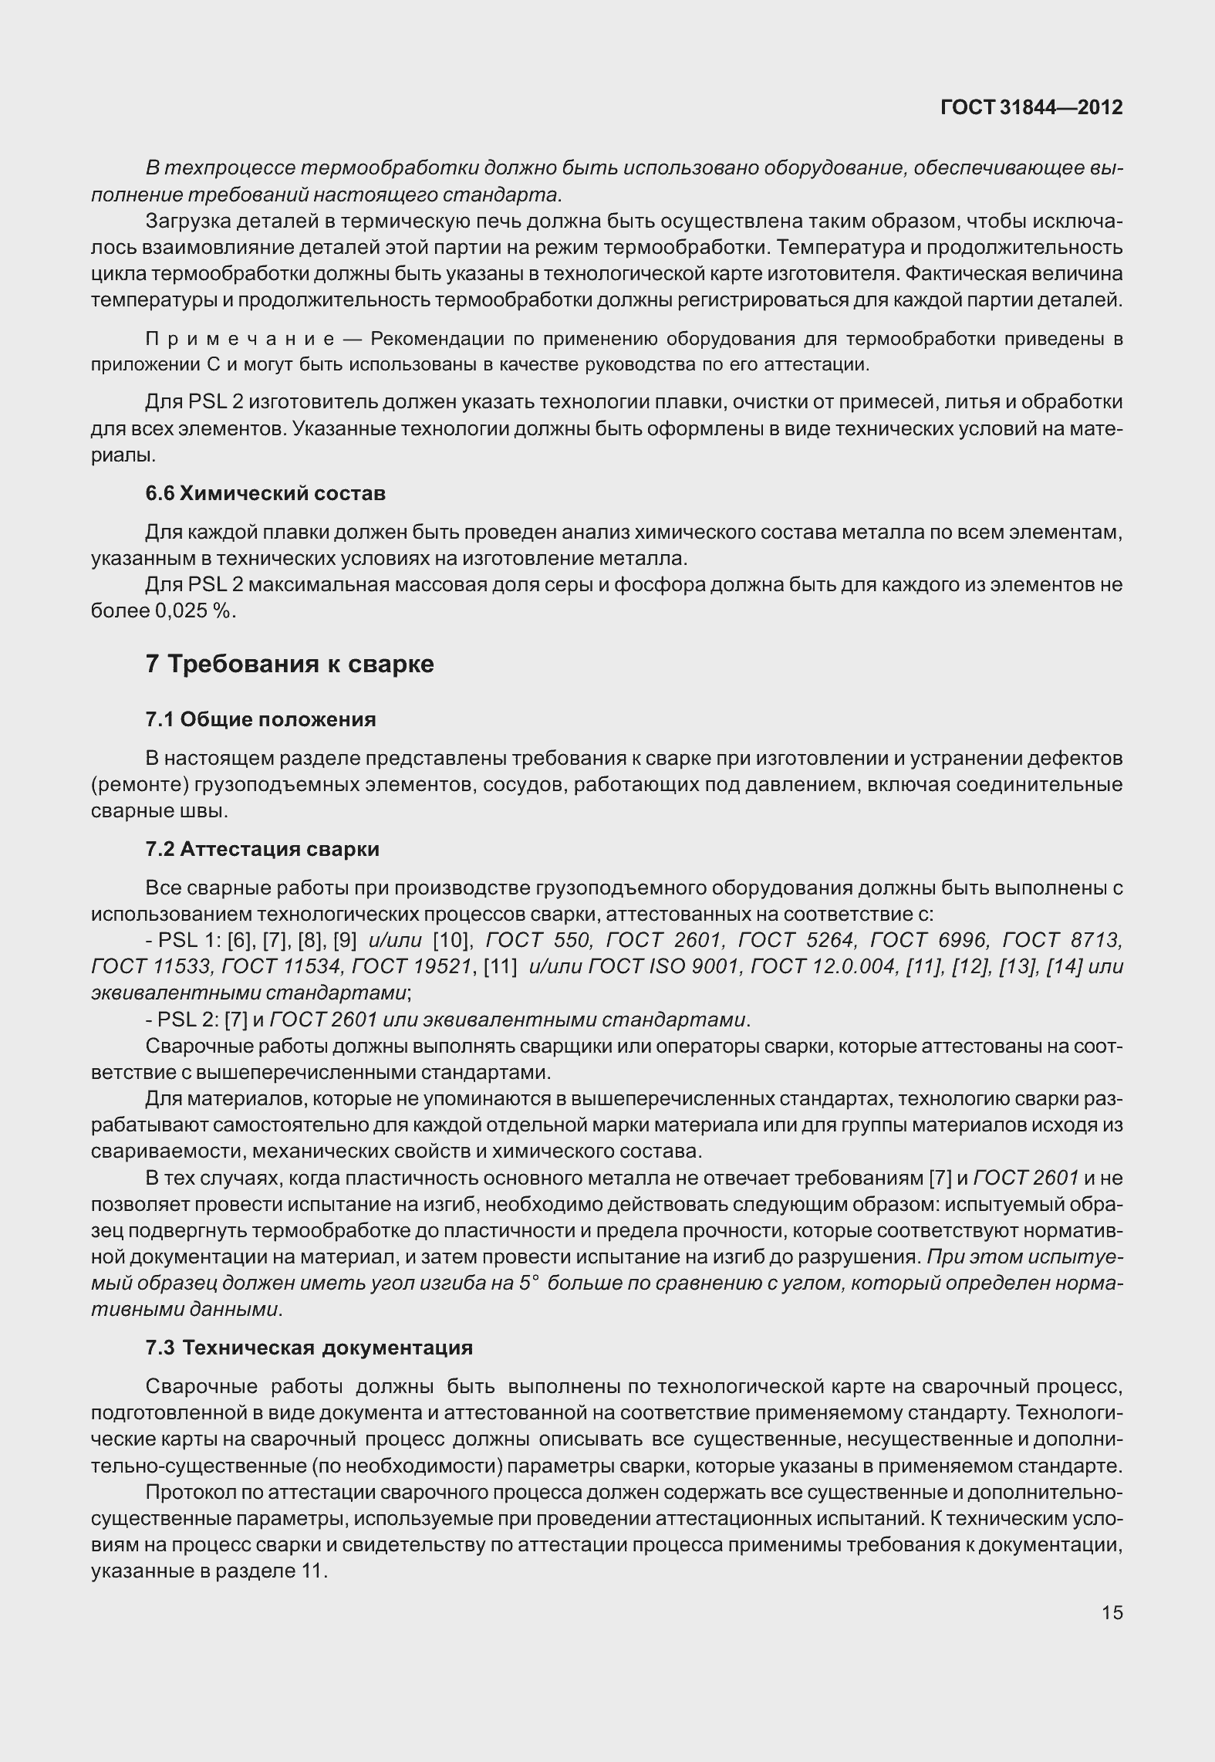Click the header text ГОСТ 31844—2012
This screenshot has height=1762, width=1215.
pyautogui.click(x=1031, y=107)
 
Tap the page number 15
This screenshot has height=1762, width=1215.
pyautogui.click(x=1112, y=1612)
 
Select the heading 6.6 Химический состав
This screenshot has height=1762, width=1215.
pyautogui.click(x=265, y=493)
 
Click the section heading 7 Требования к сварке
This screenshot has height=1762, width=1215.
pyautogui.click(x=289, y=664)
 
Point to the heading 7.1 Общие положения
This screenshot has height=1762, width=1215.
pyautogui.click(x=261, y=719)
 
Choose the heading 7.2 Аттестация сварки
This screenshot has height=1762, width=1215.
pyautogui.click(x=262, y=849)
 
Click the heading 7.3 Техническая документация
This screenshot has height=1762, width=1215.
pyautogui.click(x=309, y=1348)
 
